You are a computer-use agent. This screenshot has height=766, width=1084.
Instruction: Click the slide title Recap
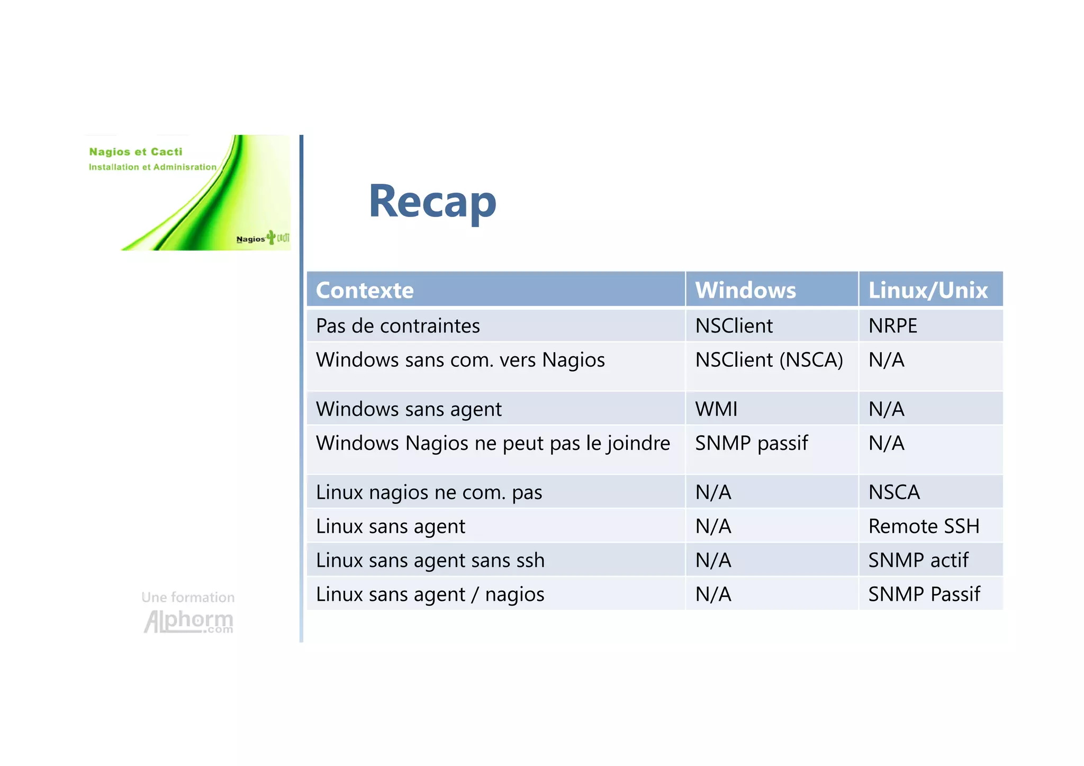(432, 202)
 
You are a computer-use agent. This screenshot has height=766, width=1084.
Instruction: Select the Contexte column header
(365, 290)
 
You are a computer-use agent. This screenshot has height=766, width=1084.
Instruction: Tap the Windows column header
(745, 290)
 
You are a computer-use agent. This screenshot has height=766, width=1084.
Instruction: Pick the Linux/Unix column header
(928, 290)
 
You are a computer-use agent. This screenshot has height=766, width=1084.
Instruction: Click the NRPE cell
(892, 326)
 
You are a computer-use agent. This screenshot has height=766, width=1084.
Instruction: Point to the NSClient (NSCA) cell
(769, 360)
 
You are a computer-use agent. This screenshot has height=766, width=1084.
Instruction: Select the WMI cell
(716, 409)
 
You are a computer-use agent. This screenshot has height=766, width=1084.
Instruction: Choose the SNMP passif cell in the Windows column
(751, 443)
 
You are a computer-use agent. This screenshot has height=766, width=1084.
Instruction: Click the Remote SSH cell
(924, 526)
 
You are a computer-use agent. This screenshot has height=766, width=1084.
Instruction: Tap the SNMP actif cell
(918, 560)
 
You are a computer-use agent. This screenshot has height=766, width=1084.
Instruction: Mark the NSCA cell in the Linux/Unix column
(894, 492)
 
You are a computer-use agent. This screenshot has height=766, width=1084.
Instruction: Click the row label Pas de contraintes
(398, 326)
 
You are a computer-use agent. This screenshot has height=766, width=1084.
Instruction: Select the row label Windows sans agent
(409, 409)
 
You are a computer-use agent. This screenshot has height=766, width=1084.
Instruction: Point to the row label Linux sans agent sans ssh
(430, 560)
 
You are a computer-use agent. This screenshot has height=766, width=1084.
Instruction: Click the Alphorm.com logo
(188, 621)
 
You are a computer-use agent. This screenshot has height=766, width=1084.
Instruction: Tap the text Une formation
(188, 597)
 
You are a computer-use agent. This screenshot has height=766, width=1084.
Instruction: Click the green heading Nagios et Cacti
(135, 152)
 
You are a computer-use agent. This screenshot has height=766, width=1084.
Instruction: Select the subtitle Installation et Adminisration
(152, 167)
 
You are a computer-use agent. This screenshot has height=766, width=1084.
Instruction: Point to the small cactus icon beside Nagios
(272, 237)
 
